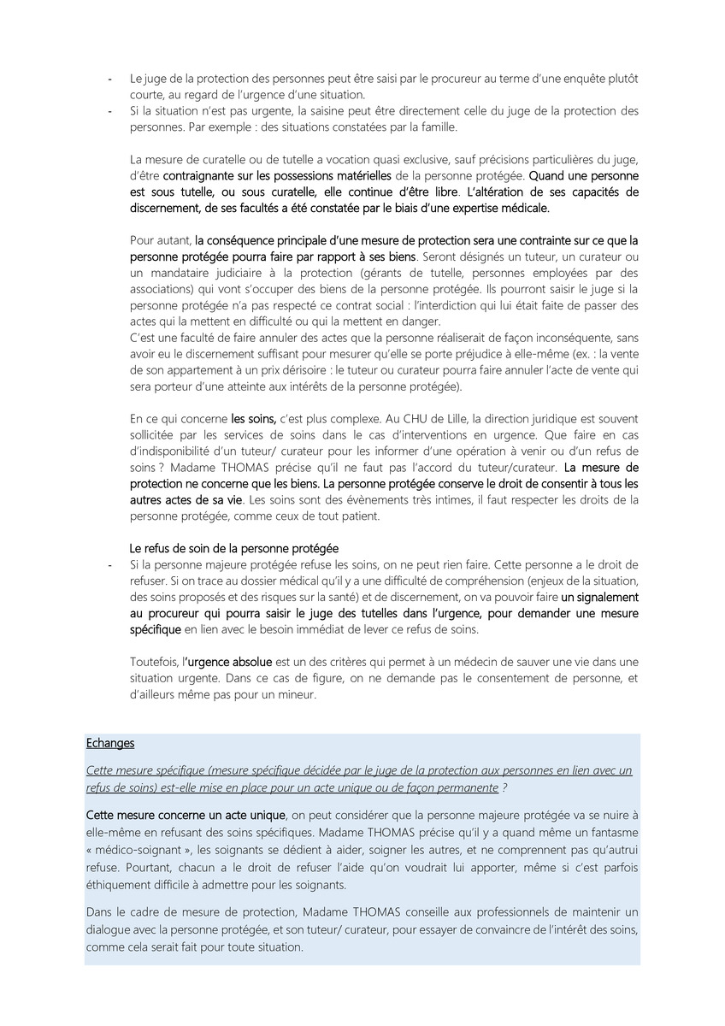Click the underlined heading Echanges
[110, 743]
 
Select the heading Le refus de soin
[233, 547]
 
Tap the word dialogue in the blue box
[111, 930]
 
